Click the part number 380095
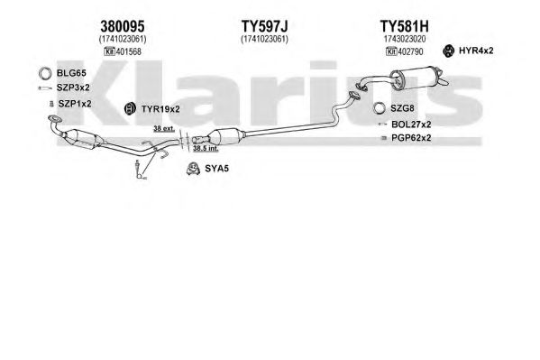(123, 26)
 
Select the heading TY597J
(264, 26)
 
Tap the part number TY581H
(404, 26)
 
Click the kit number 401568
(128, 51)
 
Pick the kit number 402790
(410, 51)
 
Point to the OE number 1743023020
(405, 39)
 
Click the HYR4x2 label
(476, 51)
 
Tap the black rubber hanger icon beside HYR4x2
(448, 51)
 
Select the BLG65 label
(71, 73)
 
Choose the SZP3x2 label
(73, 88)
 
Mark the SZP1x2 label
(75, 104)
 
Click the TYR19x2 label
(160, 109)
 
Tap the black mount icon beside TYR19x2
(130, 108)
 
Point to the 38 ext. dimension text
(164, 129)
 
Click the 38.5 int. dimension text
(206, 149)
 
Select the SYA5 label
(216, 169)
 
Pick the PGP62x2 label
(411, 138)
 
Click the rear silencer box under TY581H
(415, 78)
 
